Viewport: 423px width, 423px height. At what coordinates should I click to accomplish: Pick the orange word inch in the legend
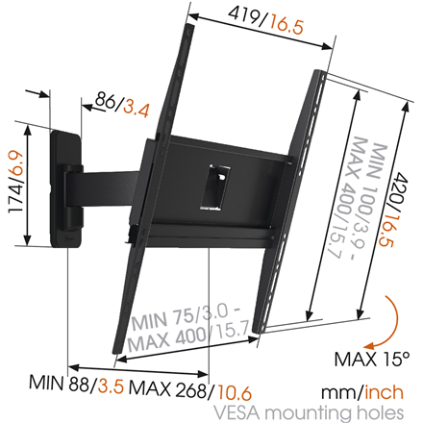tap(384, 392)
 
